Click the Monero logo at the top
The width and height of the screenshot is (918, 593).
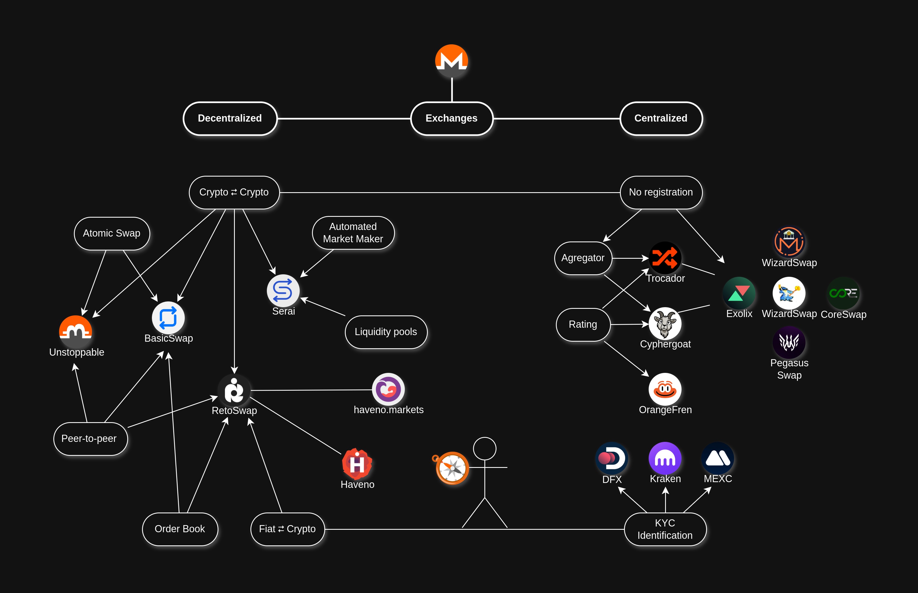click(452, 61)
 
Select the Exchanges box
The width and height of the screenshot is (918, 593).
click(452, 119)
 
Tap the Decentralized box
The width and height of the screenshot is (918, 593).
click(230, 119)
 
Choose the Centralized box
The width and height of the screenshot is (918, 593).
click(661, 119)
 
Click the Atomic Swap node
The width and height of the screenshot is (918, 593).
click(112, 233)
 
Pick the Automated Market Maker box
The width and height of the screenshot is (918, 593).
click(353, 233)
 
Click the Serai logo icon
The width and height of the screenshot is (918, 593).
click(283, 291)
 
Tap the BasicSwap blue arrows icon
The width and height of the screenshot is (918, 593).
click(168, 318)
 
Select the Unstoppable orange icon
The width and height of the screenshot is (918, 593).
click(76, 332)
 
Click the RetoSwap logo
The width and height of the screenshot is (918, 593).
click(234, 390)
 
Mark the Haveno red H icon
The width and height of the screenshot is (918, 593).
click(357, 464)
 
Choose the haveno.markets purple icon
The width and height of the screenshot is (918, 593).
click(388, 389)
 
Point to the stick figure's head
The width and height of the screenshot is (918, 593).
click(485, 449)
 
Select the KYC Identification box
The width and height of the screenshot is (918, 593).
click(665, 529)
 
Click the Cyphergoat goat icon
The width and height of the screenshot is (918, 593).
click(665, 323)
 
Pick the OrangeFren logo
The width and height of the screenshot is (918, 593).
click(665, 389)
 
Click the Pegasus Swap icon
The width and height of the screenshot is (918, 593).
click(789, 342)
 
